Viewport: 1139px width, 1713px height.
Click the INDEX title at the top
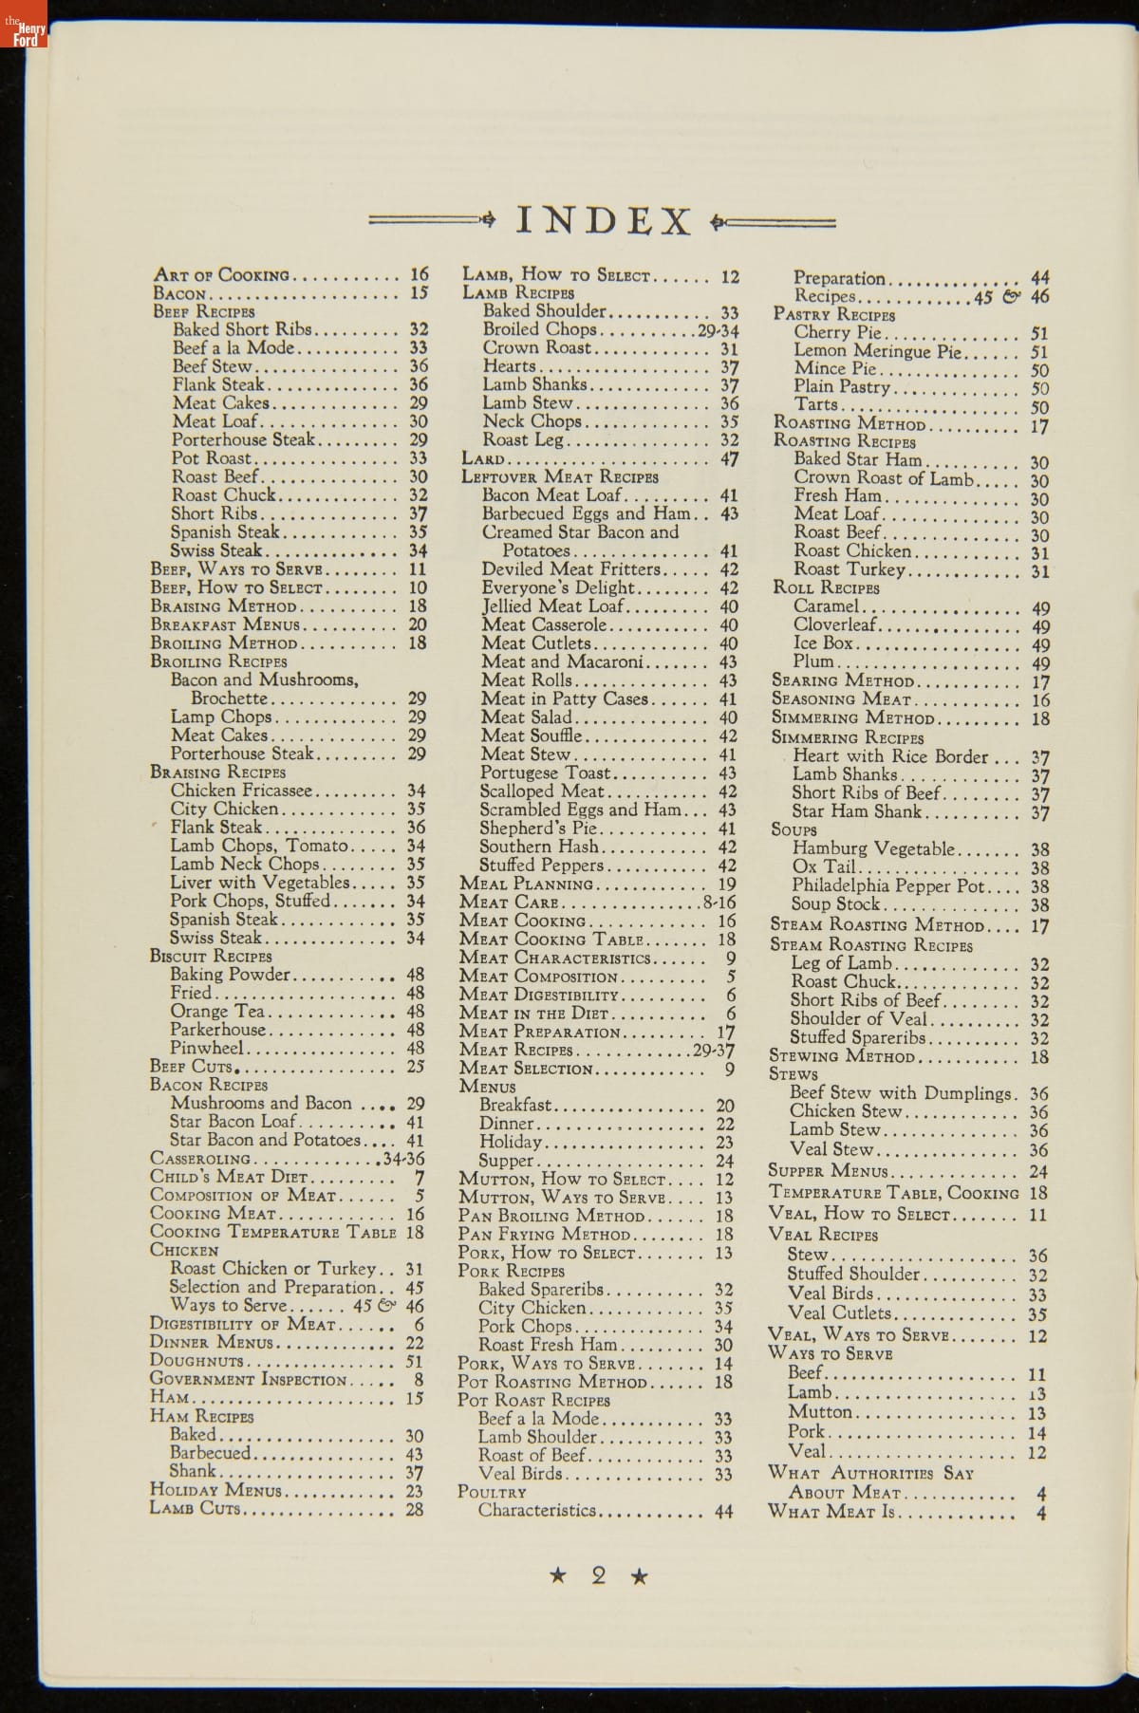[604, 221]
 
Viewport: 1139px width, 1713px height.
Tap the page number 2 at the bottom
[598, 1576]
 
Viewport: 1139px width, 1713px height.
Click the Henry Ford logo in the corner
[24, 25]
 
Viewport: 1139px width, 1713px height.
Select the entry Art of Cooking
[222, 275]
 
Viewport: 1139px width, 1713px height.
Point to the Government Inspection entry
[250, 1380]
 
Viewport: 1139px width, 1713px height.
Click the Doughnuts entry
[196, 1361]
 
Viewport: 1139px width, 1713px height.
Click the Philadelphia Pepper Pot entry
[888, 885]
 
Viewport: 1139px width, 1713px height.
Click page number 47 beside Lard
[729, 459]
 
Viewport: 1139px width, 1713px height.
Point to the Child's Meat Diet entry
[230, 1177]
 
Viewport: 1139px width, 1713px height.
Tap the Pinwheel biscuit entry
[207, 1049]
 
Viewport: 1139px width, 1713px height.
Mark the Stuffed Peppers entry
[541, 865]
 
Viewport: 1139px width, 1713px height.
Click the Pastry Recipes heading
[834, 314]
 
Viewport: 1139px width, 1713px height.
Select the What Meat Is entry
[831, 1511]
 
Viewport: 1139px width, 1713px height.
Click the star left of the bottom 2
[558, 1576]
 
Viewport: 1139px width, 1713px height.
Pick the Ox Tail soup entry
[824, 866]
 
